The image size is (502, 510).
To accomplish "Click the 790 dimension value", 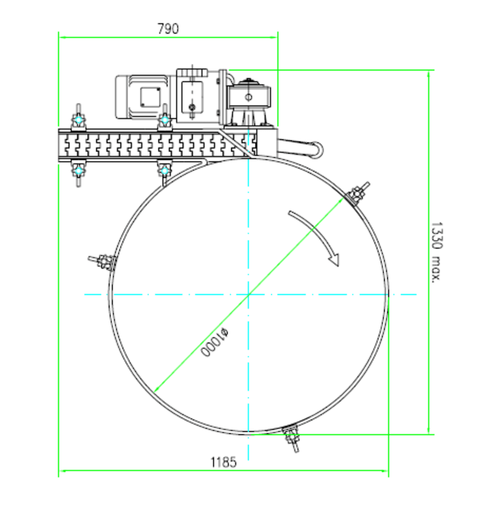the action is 168,28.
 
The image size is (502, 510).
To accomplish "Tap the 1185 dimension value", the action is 223,462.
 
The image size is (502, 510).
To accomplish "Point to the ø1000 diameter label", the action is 214,343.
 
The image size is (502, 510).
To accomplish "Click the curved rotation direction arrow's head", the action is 334,260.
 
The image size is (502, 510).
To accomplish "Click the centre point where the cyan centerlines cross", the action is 248,294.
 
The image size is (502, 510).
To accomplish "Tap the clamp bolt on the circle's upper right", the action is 357,193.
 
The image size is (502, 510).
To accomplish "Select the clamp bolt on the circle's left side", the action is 102,262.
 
